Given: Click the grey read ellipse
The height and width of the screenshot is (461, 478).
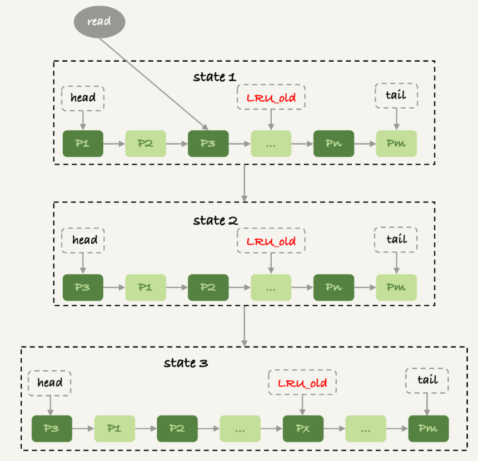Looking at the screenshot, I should pyautogui.click(x=99, y=22).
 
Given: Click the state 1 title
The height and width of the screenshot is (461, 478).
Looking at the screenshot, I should pyautogui.click(x=215, y=77).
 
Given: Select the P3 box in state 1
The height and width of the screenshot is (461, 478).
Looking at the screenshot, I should pyautogui.click(x=208, y=143).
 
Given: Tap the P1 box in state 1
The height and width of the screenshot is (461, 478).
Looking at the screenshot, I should pyautogui.click(x=83, y=143).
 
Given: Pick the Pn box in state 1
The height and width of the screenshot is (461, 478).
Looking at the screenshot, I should pyautogui.click(x=333, y=143).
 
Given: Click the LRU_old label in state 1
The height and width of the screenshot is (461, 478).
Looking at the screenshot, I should pyautogui.click(x=271, y=98).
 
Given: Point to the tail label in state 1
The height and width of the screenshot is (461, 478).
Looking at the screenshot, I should pyautogui.click(x=396, y=96).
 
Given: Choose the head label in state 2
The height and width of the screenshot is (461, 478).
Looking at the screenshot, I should pyautogui.click(x=83, y=240).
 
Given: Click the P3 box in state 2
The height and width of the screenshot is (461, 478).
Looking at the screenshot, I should pyautogui.click(x=83, y=287).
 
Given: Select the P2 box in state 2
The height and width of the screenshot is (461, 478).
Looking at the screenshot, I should pyautogui.click(x=208, y=287).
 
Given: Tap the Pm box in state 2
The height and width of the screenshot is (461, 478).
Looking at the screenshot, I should pyautogui.click(x=396, y=287).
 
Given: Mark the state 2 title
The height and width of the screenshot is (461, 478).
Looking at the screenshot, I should pyautogui.click(x=215, y=221).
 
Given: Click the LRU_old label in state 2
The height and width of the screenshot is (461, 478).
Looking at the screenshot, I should pyautogui.click(x=271, y=242).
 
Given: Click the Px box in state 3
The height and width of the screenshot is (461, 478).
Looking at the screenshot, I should pyautogui.click(x=302, y=429).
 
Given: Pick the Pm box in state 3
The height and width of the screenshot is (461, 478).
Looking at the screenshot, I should pyautogui.click(x=427, y=429).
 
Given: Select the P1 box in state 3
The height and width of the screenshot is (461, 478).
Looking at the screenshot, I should pyautogui.click(x=114, y=429).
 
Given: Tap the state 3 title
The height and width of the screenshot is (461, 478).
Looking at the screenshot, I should pyautogui.click(x=186, y=364).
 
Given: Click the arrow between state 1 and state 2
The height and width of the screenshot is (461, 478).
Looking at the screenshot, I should pyautogui.click(x=244, y=183).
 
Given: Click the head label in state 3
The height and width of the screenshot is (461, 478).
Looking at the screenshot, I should pyautogui.click(x=51, y=383).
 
